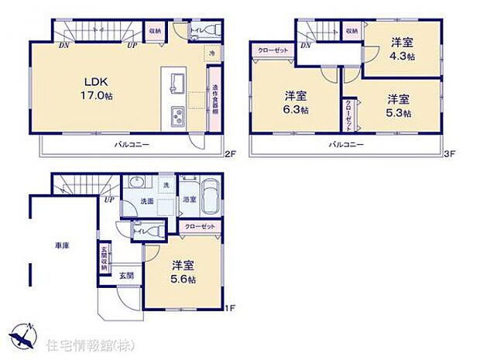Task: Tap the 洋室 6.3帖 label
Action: click(294, 103)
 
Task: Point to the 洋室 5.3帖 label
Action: click(398, 105)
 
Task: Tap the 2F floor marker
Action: click(229, 153)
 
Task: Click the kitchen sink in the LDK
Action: click(173, 80)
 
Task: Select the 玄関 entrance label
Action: click(127, 275)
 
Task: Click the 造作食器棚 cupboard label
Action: click(214, 99)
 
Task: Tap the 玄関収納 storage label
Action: click(103, 257)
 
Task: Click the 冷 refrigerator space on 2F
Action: click(211, 53)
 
